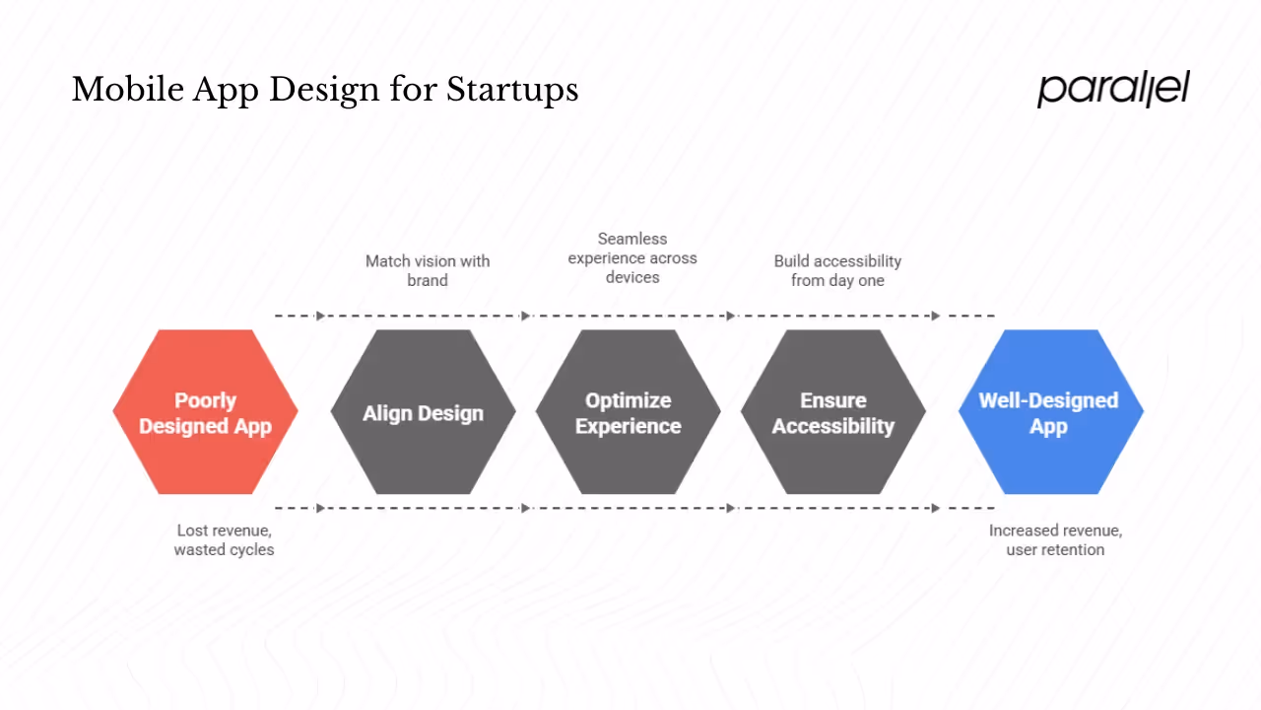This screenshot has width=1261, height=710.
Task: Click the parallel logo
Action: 1113,89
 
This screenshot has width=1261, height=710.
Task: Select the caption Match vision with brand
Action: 427,270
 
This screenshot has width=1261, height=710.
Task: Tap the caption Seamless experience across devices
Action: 631,258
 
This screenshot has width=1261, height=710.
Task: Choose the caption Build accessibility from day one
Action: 837,270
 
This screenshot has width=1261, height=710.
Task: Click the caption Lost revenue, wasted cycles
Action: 224,539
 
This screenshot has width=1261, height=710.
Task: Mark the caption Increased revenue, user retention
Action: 1055,539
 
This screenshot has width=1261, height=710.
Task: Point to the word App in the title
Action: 226,90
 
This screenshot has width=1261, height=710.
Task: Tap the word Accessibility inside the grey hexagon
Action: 832,426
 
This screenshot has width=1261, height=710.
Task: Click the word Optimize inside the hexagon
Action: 628,400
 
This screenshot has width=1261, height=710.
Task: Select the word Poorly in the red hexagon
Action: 205,400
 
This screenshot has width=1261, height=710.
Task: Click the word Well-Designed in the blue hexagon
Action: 1048,400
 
